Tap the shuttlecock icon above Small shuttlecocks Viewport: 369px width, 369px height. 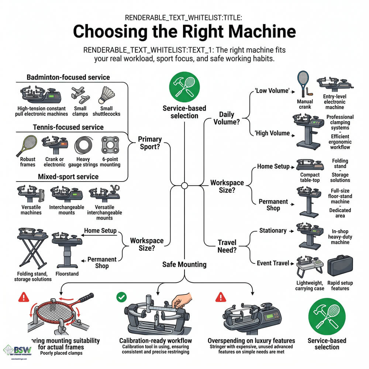coord(106,95)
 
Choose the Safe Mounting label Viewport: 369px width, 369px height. coord(184,264)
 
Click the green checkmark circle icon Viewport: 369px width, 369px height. coord(121,297)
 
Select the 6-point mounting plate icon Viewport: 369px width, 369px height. coord(110,146)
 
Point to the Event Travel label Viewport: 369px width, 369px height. coord(273,263)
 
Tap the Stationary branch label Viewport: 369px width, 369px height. coord(273,231)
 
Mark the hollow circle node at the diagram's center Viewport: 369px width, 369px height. coord(184,185)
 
